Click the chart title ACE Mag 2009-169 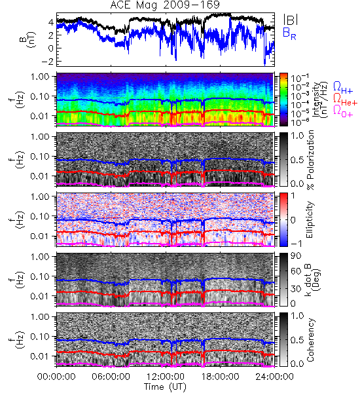click(165, 5)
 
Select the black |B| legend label click(291, 20)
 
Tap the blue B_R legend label click(289, 33)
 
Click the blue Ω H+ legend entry click(343, 88)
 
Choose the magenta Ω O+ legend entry click(343, 111)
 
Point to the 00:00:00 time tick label click(56, 377)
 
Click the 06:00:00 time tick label click(111, 377)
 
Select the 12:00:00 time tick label click(166, 377)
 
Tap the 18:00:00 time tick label click(220, 377)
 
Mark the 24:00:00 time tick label click(274, 377)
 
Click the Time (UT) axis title click(165, 386)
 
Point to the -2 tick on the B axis click(47, 61)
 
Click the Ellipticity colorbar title click(310, 220)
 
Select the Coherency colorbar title click(310, 340)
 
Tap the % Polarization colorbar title click(310, 160)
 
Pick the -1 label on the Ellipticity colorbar click(296, 244)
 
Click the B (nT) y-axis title click(27, 39)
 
